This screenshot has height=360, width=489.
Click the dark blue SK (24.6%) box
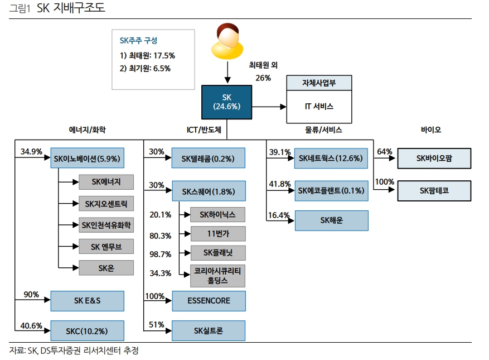point(226,102)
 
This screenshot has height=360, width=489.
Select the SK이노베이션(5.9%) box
point(86,159)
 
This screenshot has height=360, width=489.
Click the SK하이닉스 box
point(217,214)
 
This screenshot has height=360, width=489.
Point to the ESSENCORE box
point(209,301)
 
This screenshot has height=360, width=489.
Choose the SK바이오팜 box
point(434,159)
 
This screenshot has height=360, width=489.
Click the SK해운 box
point(331,220)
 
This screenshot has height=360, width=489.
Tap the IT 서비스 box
point(319,107)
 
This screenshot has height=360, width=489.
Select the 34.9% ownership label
point(31,151)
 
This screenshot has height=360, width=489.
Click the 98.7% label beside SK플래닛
point(160,254)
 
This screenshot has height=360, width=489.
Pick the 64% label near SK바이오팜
point(384,151)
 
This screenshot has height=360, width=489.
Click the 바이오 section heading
point(430,129)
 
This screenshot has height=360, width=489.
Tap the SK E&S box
point(87,301)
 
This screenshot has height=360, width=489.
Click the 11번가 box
point(217,234)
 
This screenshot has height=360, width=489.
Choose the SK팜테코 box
point(434,190)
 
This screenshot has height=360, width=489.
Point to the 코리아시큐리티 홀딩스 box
point(217,276)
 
